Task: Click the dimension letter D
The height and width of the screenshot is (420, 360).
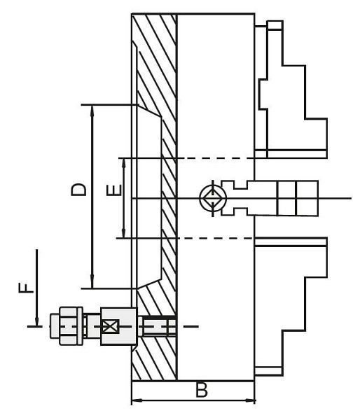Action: (x=78, y=189)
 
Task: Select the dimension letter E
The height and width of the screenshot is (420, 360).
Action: (x=116, y=189)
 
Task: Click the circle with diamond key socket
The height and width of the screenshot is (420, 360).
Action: (x=211, y=198)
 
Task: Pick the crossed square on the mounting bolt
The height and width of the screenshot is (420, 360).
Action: (x=109, y=326)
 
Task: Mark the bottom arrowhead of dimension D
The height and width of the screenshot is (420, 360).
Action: (x=92, y=283)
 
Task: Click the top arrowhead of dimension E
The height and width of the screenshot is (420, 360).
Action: (x=124, y=162)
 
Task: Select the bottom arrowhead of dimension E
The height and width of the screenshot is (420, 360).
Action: (x=124, y=234)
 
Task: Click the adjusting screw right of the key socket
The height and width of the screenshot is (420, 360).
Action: (x=280, y=198)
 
